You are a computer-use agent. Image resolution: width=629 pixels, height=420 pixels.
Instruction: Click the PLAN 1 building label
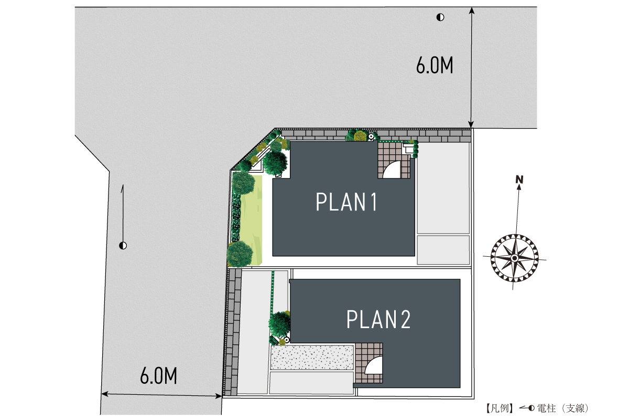pyautogui.click(x=346, y=202)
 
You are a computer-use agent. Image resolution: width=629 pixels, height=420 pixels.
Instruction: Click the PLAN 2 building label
pyautogui.click(x=378, y=319)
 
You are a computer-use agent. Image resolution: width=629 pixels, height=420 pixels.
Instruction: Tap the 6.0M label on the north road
pyautogui.click(x=435, y=65)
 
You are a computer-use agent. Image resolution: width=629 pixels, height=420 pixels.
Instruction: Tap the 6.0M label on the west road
pyautogui.click(x=159, y=376)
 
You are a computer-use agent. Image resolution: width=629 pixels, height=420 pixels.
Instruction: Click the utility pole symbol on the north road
pyautogui.click(x=440, y=17)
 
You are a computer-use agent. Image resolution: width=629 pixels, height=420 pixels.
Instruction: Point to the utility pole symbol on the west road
pyautogui.click(x=123, y=246)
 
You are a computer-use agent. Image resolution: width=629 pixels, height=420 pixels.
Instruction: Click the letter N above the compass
pyautogui.click(x=519, y=180)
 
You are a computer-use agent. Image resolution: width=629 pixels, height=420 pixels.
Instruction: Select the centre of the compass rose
pyautogui.click(x=514, y=258)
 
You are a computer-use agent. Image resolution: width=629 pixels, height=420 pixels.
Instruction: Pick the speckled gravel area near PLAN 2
pyautogui.click(x=312, y=358)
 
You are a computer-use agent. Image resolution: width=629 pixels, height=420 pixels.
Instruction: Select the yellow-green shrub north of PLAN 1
pyautogui.click(x=360, y=136)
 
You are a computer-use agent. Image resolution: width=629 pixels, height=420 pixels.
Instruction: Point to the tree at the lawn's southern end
pyautogui.click(x=240, y=254)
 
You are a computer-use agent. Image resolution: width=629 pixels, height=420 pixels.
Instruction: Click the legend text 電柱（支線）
pyautogui.click(x=563, y=408)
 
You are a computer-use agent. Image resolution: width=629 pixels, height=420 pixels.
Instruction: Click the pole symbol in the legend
pyautogui.click(x=527, y=408)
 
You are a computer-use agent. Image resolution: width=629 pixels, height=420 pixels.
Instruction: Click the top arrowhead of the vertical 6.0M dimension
pyautogui.click(x=472, y=10)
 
